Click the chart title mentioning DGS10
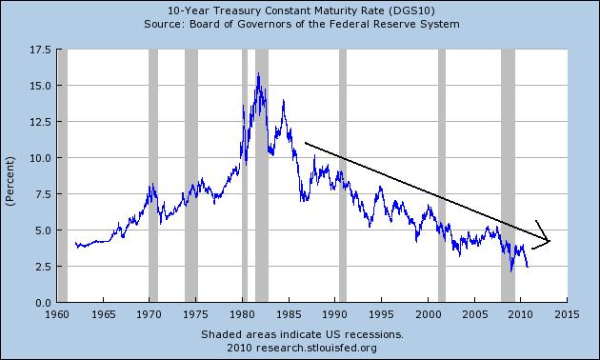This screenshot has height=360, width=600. click(x=301, y=10)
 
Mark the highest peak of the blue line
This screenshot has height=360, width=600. click(x=258, y=73)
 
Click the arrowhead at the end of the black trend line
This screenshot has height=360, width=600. click(x=549, y=240)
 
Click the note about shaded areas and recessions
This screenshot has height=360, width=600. click(x=301, y=335)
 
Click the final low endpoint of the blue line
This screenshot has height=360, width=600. click(x=527, y=267)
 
